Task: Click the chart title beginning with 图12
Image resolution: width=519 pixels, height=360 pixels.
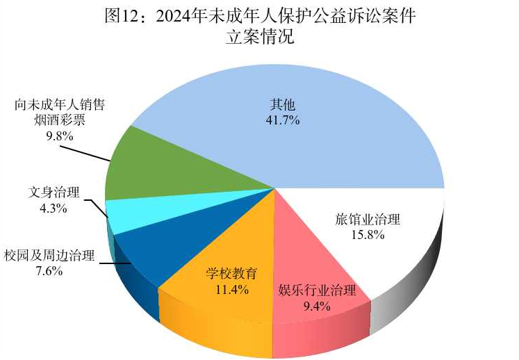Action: pos(260,15)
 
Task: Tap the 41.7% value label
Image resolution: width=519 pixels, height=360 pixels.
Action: pos(283,120)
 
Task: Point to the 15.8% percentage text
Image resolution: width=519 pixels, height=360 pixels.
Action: pos(368,235)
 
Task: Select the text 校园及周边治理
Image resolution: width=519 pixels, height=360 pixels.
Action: pos(49,255)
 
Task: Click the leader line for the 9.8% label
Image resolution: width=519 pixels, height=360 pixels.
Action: pos(90,153)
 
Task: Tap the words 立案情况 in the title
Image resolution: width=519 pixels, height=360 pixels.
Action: pos(260,38)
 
